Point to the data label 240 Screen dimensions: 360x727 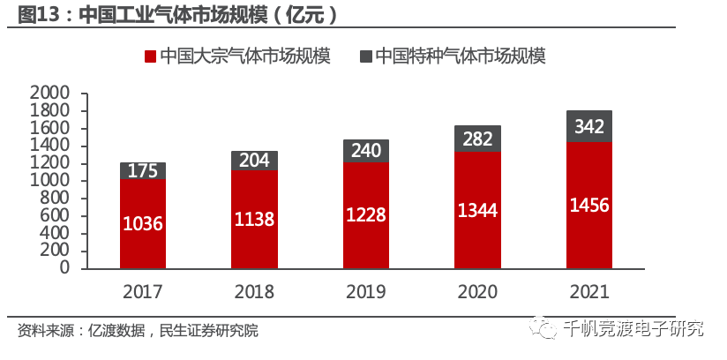366,151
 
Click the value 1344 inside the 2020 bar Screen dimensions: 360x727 477,211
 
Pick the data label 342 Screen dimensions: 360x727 588,127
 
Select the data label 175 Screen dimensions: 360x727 143,171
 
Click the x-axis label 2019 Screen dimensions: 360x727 366,292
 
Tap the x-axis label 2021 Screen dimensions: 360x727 588,292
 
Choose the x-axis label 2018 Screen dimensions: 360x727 255,292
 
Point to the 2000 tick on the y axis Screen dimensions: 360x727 49,94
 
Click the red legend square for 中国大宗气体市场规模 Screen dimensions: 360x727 150,56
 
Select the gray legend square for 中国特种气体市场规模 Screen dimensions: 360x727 365,56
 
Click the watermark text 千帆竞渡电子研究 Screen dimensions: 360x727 633,330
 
